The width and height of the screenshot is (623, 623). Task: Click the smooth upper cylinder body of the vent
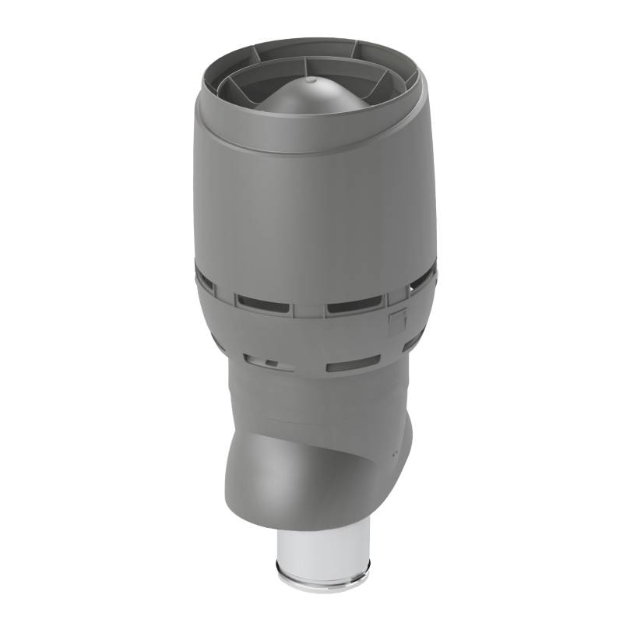pos(311,210)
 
